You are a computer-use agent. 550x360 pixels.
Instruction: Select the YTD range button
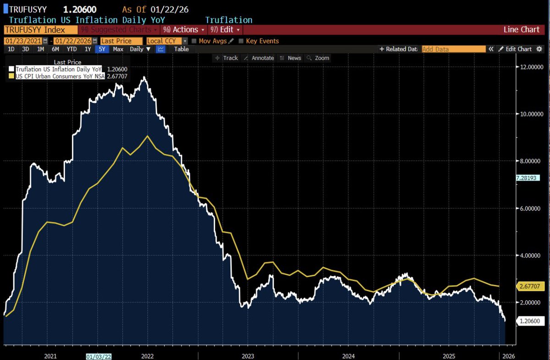click(71, 49)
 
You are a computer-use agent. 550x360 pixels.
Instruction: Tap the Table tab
click(181, 49)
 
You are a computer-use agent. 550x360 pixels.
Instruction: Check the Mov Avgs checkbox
click(194, 41)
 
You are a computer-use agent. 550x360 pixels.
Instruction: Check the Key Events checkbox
click(242, 41)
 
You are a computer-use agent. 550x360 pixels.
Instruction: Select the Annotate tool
click(259, 58)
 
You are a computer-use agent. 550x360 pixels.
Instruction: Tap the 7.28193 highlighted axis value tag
click(529, 177)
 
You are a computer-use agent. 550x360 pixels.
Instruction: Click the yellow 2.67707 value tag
click(529, 286)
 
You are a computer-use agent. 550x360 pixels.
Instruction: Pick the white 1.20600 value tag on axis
click(529, 321)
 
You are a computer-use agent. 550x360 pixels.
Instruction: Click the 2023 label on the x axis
click(247, 356)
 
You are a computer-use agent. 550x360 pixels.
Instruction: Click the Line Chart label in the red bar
click(521, 30)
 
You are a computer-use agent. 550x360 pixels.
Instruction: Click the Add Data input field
click(453, 49)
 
